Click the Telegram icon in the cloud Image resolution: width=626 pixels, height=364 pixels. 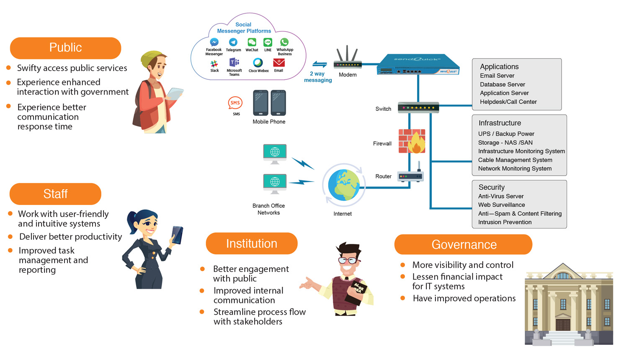[x=233, y=42]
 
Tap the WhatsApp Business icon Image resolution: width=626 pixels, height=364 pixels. [x=284, y=42]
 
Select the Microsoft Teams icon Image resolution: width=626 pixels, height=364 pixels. [x=234, y=62]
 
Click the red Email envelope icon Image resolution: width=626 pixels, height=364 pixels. [x=278, y=62]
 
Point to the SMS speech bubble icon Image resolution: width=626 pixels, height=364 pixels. [x=235, y=103]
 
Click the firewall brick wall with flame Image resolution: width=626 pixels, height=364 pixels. [x=412, y=141]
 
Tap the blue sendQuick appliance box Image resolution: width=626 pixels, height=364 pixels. [x=418, y=64]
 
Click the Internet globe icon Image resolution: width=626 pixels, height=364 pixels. [x=344, y=185]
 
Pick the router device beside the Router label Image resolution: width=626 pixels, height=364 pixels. [x=410, y=173]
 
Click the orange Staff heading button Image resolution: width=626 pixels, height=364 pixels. [x=55, y=194]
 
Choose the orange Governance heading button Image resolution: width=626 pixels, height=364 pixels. [x=464, y=244]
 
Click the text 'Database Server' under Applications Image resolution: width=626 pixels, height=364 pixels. [x=502, y=84]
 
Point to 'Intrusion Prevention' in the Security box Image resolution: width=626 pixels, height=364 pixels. [x=505, y=222]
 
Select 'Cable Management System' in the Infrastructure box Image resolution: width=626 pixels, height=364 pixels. [x=515, y=160]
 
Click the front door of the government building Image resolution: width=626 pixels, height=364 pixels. [x=562, y=325]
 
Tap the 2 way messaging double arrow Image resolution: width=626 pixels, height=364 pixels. [x=319, y=64]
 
